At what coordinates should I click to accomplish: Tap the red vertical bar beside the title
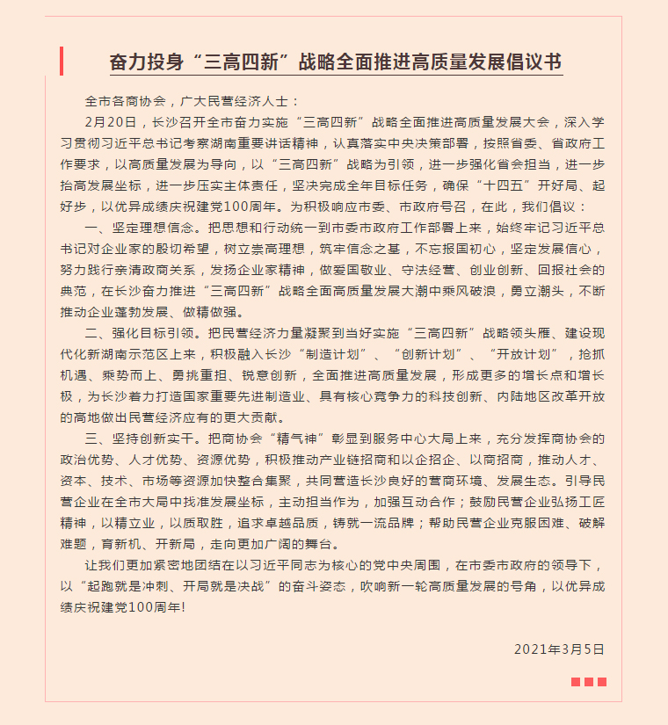[x=62, y=62]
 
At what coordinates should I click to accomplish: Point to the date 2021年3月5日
[x=560, y=649]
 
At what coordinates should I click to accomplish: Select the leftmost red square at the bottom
[x=576, y=682]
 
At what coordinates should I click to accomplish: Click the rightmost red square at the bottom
[x=602, y=682]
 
